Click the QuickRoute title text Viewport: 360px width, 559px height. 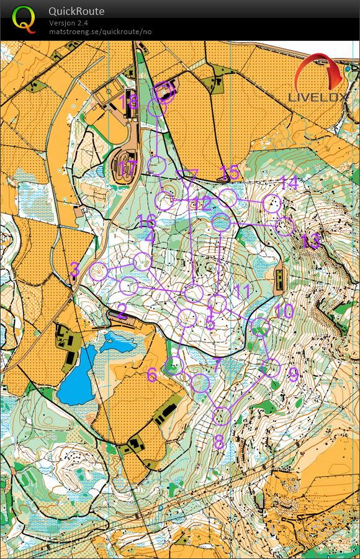pos(76,11)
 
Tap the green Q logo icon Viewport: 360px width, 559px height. pos(24,19)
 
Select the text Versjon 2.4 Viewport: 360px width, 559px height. pos(68,23)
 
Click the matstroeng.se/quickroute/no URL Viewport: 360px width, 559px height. pos(100,32)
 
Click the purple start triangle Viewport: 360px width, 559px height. pos(187,176)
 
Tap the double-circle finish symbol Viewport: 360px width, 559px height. pos(164,92)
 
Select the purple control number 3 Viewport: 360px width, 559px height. pos(74,269)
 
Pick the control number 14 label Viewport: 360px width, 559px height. pos(289,183)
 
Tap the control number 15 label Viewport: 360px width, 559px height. pos(229,172)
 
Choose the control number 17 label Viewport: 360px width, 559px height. pos(127,168)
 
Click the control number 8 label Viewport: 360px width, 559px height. pos(218,442)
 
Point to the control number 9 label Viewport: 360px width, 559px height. pos(293,373)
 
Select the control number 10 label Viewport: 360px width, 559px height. pos(284,311)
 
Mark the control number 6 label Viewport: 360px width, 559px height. pos(152,375)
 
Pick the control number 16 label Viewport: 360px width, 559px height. pos(146,221)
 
